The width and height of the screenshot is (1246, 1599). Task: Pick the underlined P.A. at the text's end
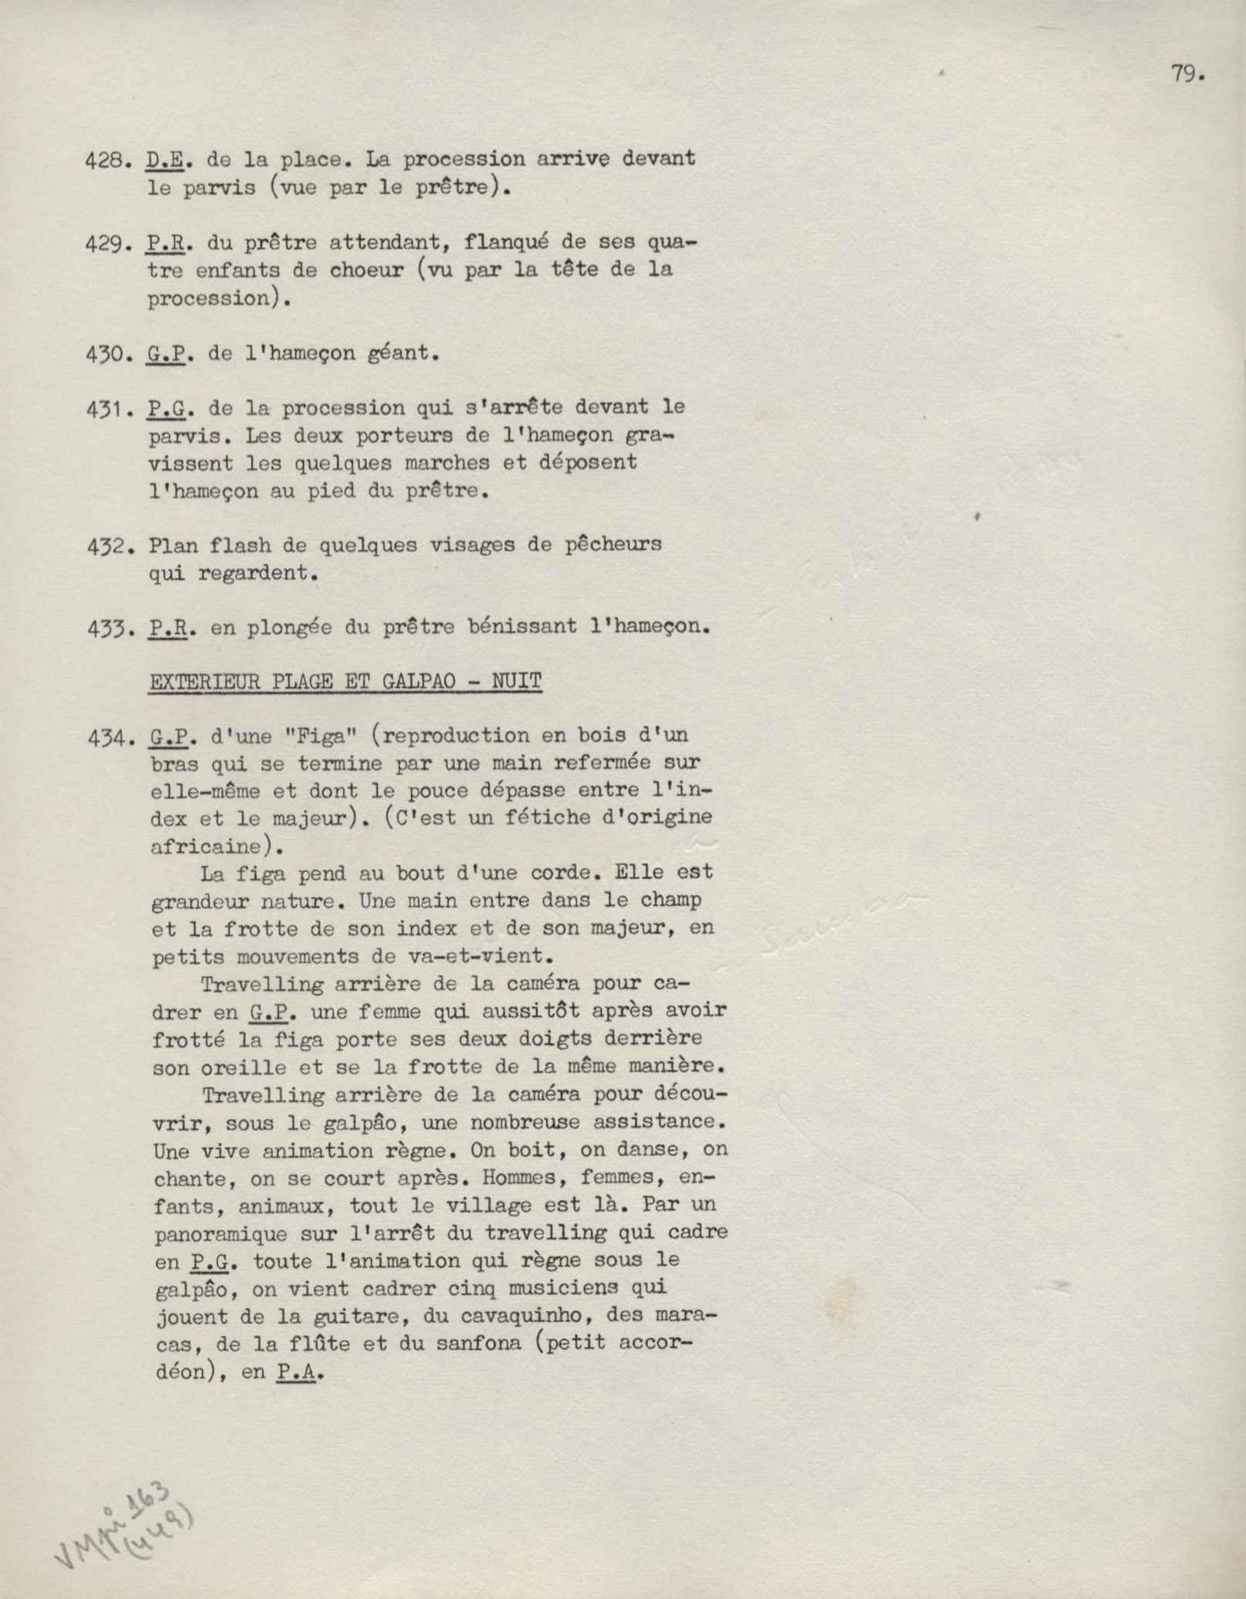(298, 1371)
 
